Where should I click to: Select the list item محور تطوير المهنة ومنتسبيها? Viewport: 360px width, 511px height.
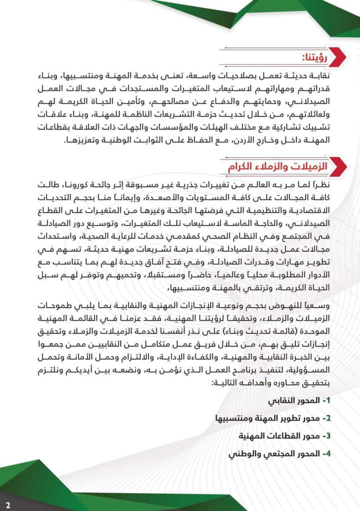coord(269,418)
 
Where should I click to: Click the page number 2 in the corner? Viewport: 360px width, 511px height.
coord(8,501)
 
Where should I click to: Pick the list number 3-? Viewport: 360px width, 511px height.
coord(325,435)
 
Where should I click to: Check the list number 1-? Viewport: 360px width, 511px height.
coord(325,401)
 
